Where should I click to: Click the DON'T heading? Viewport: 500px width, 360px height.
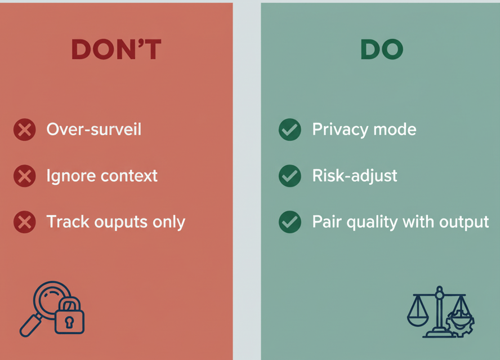[117, 49]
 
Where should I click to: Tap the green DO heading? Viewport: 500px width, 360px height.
[382, 49]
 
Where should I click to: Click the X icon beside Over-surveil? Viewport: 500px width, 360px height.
[25, 130]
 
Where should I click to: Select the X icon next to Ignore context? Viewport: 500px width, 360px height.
[25, 176]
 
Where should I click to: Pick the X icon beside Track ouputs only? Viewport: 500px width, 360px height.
[25, 222]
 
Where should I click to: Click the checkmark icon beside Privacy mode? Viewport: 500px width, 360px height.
[290, 130]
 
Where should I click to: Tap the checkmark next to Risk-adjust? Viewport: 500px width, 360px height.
[290, 176]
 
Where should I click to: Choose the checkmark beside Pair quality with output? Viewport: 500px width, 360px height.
[290, 222]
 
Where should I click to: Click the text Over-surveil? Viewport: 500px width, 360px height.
[93, 129]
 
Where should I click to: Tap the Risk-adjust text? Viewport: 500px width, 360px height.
[355, 176]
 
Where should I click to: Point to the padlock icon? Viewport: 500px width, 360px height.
[69, 315]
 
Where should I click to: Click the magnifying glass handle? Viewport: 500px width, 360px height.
[30, 325]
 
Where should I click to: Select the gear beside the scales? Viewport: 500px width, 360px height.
[461, 322]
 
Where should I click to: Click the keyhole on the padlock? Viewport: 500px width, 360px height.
[69, 322]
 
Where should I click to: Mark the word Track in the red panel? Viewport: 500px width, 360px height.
[68, 221]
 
